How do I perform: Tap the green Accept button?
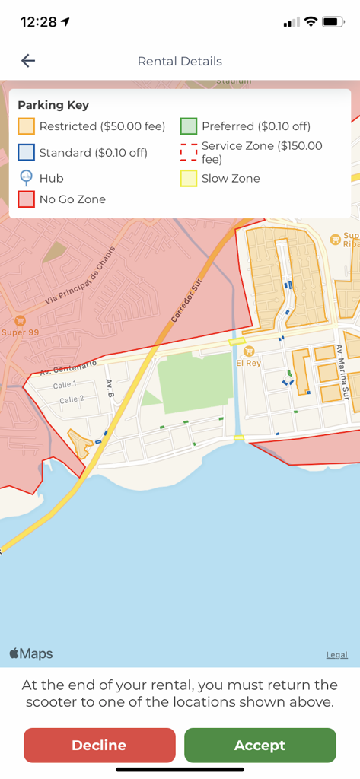pyautogui.click(x=260, y=745)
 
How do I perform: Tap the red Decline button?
pyautogui.click(x=99, y=745)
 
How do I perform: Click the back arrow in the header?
pyautogui.click(x=28, y=61)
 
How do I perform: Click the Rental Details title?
pyautogui.click(x=180, y=61)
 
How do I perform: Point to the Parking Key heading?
pyautogui.click(x=53, y=105)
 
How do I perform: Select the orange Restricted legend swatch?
pyautogui.click(x=27, y=126)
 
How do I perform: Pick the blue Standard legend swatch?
pyautogui.click(x=27, y=152)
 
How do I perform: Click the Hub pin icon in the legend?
pyautogui.click(x=27, y=178)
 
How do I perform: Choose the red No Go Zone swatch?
pyautogui.click(x=27, y=199)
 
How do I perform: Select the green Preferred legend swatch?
pyautogui.click(x=189, y=126)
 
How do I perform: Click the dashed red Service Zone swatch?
pyautogui.click(x=189, y=152)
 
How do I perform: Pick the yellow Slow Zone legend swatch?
pyautogui.click(x=189, y=179)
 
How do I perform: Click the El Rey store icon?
pyautogui.click(x=249, y=351)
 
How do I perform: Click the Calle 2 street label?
pyautogui.click(x=72, y=399)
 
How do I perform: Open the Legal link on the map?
pyautogui.click(x=337, y=654)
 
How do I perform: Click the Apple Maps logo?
pyautogui.click(x=31, y=653)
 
